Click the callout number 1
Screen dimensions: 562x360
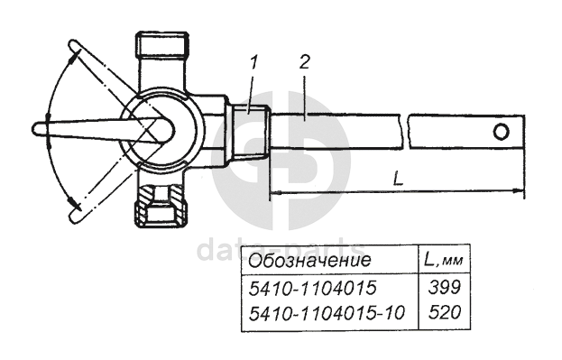[x=253, y=63]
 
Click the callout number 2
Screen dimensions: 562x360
[x=304, y=62]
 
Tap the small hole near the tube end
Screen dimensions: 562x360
[x=501, y=132]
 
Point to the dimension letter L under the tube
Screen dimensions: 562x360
[x=398, y=179]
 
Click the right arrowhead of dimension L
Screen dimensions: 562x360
[x=518, y=191]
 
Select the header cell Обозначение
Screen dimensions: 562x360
[x=309, y=260]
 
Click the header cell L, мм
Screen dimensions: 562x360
[x=444, y=260]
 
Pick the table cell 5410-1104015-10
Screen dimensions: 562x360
[x=327, y=312]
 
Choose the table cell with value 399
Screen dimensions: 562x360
[x=445, y=287]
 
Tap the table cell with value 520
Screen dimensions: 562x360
[x=445, y=312]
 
